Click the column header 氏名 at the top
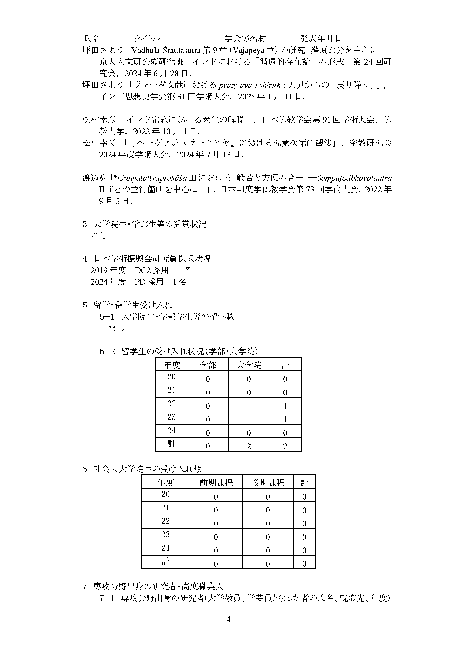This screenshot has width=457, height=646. (92, 38)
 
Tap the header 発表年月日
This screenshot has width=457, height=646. (321, 38)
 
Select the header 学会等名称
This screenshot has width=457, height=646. (245, 38)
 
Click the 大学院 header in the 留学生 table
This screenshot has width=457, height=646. (248, 365)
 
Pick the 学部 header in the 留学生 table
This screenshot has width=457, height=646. (208, 365)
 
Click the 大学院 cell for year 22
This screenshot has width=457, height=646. (248, 406)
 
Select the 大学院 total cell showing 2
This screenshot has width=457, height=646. (248, 446)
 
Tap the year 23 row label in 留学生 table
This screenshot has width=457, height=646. (171, 417)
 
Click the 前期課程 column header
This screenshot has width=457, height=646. (216, 482)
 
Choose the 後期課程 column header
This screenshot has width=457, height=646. (268, 482)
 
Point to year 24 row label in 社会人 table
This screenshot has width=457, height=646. (165, 548)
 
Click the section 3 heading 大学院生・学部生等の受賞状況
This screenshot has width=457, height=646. (150, 224)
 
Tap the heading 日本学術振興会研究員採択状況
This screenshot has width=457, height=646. (152, 259)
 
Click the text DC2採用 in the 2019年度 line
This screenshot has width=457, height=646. (151, 270)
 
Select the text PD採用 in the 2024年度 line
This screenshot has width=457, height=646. (149, 282)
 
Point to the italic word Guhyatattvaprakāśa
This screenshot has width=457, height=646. (153, 178)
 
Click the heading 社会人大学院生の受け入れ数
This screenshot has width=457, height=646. (148, 469)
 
